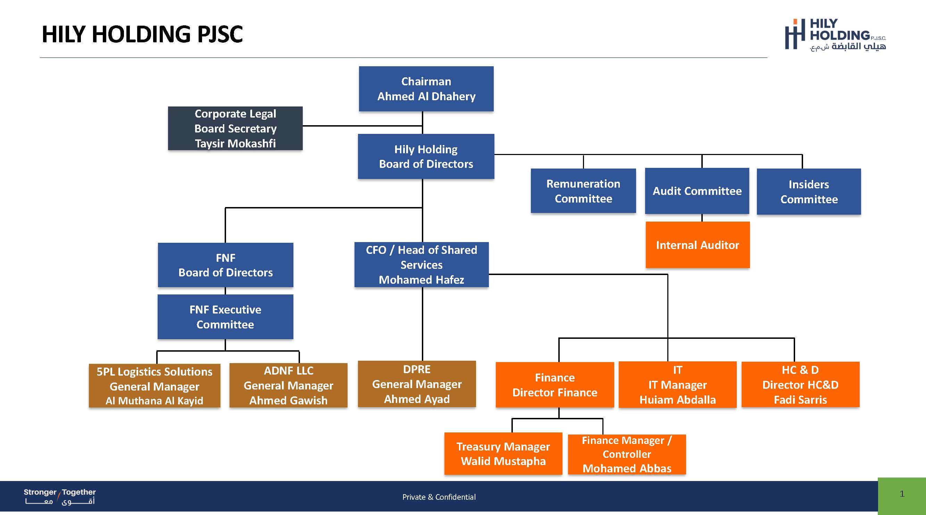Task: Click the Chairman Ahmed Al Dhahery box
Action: tap(426, 89)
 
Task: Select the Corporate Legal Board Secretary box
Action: tap(235, 128)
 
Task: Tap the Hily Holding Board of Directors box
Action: tap(426, 156)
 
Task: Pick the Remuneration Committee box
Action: tap(583, 191)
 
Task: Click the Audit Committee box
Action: tap(697, 191)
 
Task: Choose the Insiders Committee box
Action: tap(809, 191)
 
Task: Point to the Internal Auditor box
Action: tap(698, 244)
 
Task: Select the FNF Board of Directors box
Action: tap(225, 265)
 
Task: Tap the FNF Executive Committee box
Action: tap(225, 317)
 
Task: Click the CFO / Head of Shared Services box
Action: tap(421, 265)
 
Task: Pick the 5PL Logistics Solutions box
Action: tap(155, 386)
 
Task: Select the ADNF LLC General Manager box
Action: tap(288, 385)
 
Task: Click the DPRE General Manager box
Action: tap(417, 384)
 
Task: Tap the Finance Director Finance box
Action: tap(555, 385)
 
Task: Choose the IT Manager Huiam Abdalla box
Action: tap(678, 385)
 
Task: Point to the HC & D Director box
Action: tap(801, 385)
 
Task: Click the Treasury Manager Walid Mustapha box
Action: tap(503, 454)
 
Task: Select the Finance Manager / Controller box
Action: tap(627, 454)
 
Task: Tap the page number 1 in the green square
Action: tap(902, 494)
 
